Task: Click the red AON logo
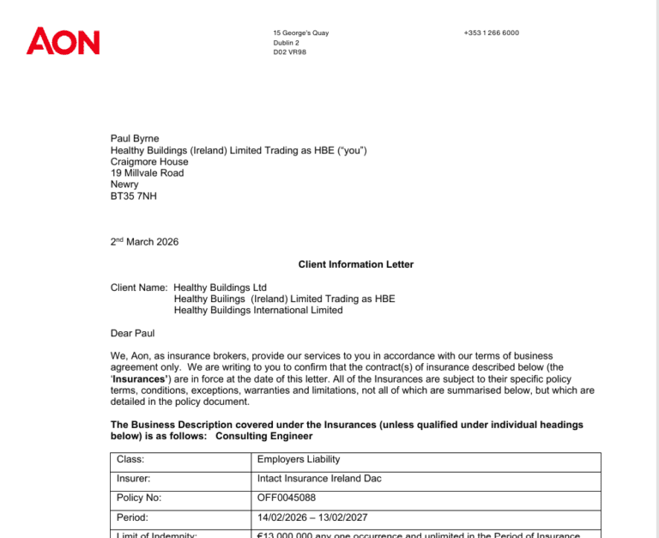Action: pyautogui.click(x=63, y=40)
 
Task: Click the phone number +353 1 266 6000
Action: pyautogui.click(x=491, y=33)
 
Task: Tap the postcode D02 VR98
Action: pyautogui.click(x=289, y=51)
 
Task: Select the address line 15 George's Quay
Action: pyautogui.click(x=300, y=33)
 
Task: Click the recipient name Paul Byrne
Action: pyautogui.click(x=135, y=138)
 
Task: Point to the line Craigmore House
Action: pyautogui.click(x=149, y=161)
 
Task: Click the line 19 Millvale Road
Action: pyautogui.click(x=147, y=172)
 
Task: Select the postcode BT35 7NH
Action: pyautogui.click(x=134, y=196)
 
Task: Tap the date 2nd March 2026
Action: pyautogui.click(x=144, y=242)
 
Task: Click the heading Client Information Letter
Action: pyautogui.click(x=355, y=264)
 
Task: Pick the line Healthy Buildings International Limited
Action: pyautogui.click(x=258, y=310)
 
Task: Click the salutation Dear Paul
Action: pyautogui.click(x=132, y=333)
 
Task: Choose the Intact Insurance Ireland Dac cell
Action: pyautogui.click(x=319, y=479)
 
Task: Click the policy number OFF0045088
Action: pyautogui.click(x=286, y=499)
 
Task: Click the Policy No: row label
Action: pyautogui.click(x=137, y=499)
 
